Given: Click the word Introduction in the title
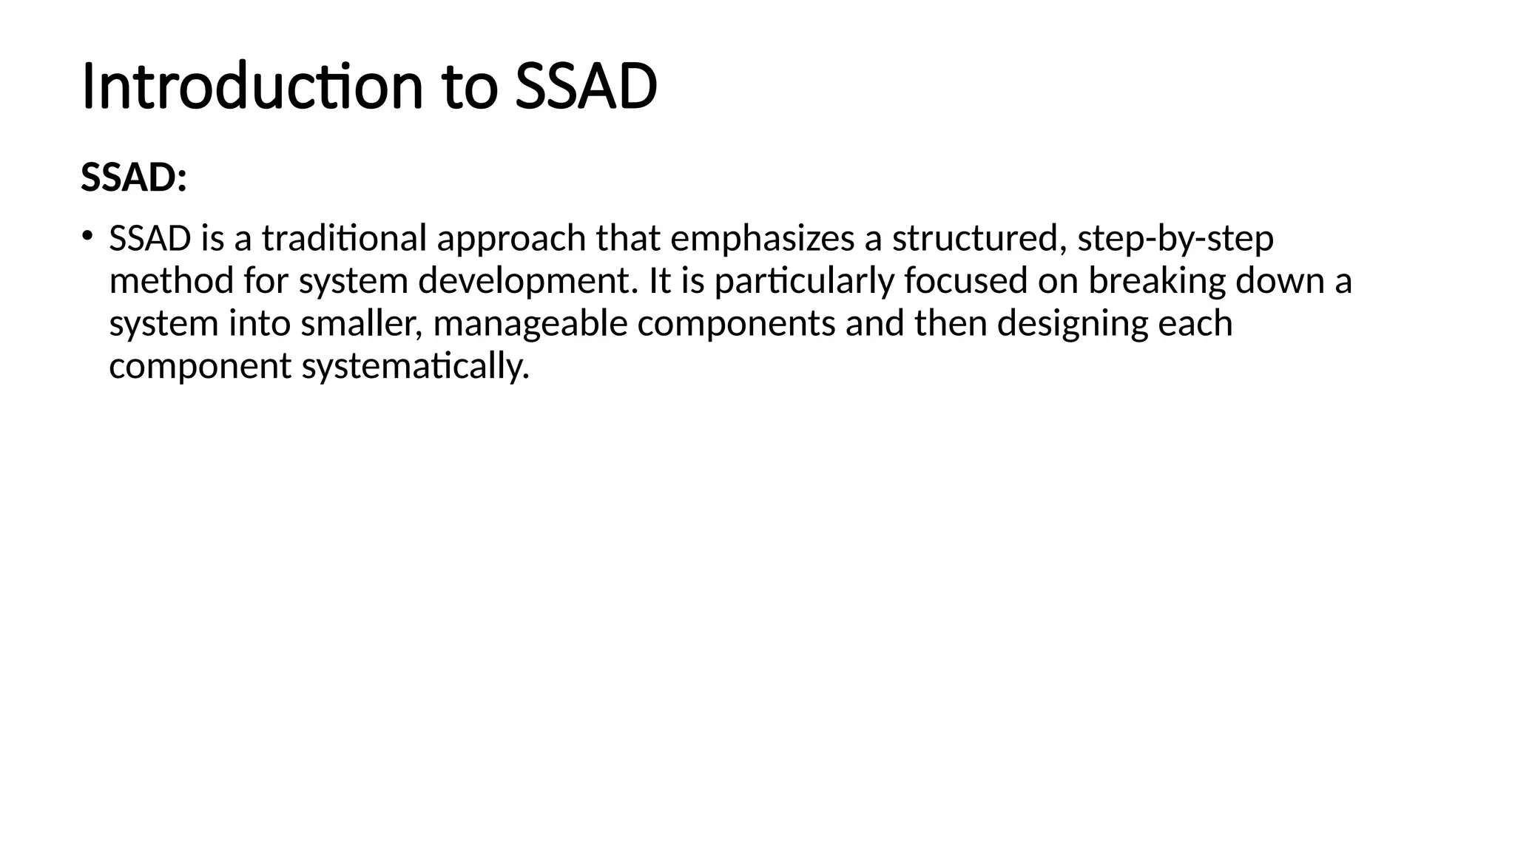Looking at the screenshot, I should pyautogui.click(x=252, y=87).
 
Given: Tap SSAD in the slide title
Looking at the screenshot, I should pyautogui.click(x=585, y=87).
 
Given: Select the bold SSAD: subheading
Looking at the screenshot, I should pyautogui.click(x=133, y=178).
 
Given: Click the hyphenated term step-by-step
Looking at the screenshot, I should pyautogui.click(x=1175, y=239).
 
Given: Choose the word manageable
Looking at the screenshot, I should pyautogui.click(x=530, y=324).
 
